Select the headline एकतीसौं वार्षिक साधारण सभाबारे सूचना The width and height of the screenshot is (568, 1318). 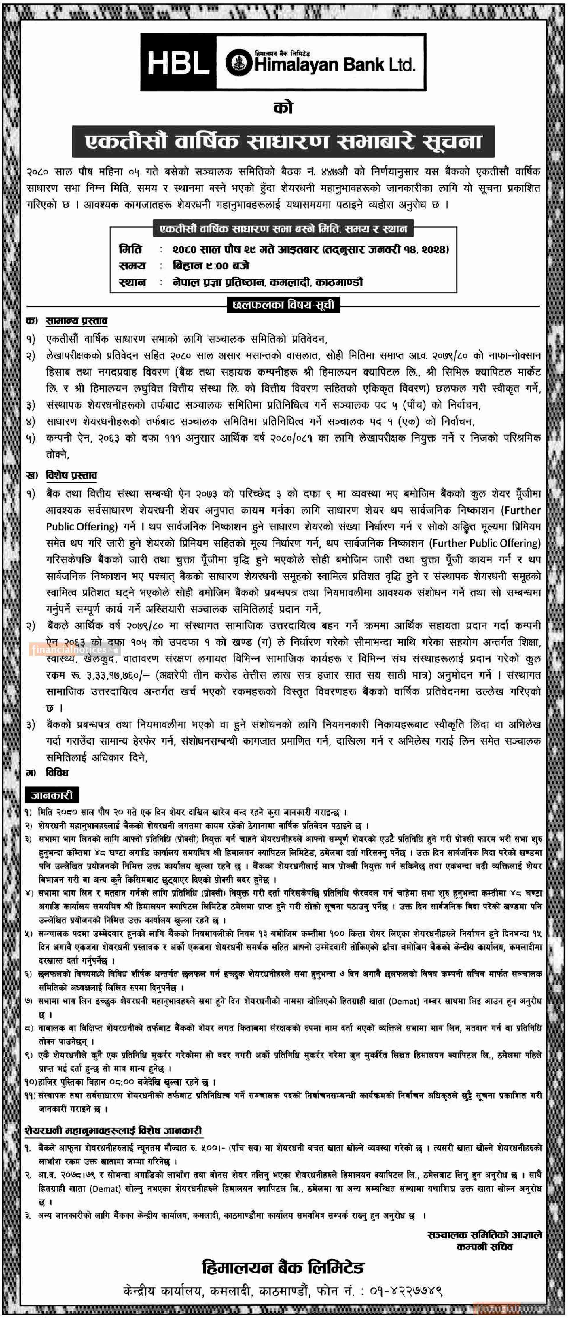[283, 141]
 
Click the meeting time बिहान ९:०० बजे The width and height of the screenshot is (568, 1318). [211, 266]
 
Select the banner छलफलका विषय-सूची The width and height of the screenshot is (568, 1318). [283, 305]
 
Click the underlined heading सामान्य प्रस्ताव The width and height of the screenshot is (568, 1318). [76, 321]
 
